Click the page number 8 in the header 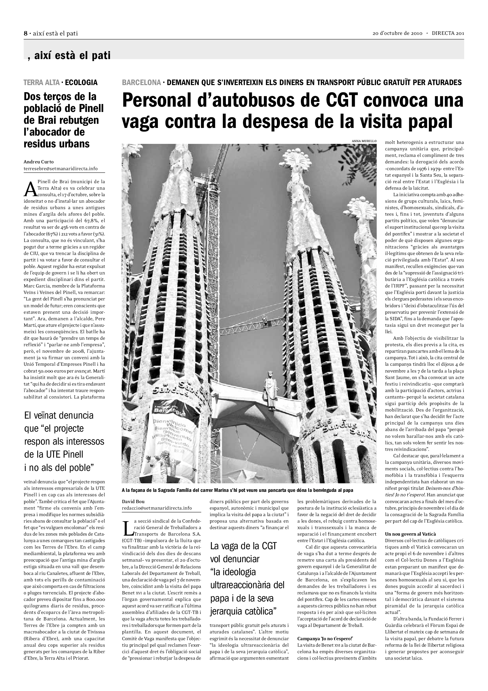(26, 33)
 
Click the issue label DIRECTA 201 (448, 33)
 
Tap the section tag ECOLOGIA (81, 82)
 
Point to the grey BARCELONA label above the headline (141, 82)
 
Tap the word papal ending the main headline (427, 121)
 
